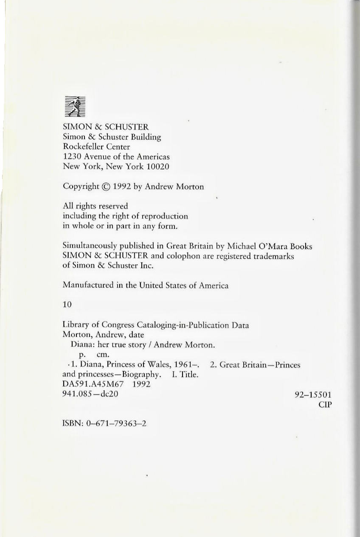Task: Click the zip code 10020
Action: click(157, 167)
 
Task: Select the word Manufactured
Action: click(87, 285)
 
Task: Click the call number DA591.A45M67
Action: click(92, 384)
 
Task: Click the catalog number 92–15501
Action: click(313, 394)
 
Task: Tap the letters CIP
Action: click(325, 405)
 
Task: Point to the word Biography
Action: click(142, 375)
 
